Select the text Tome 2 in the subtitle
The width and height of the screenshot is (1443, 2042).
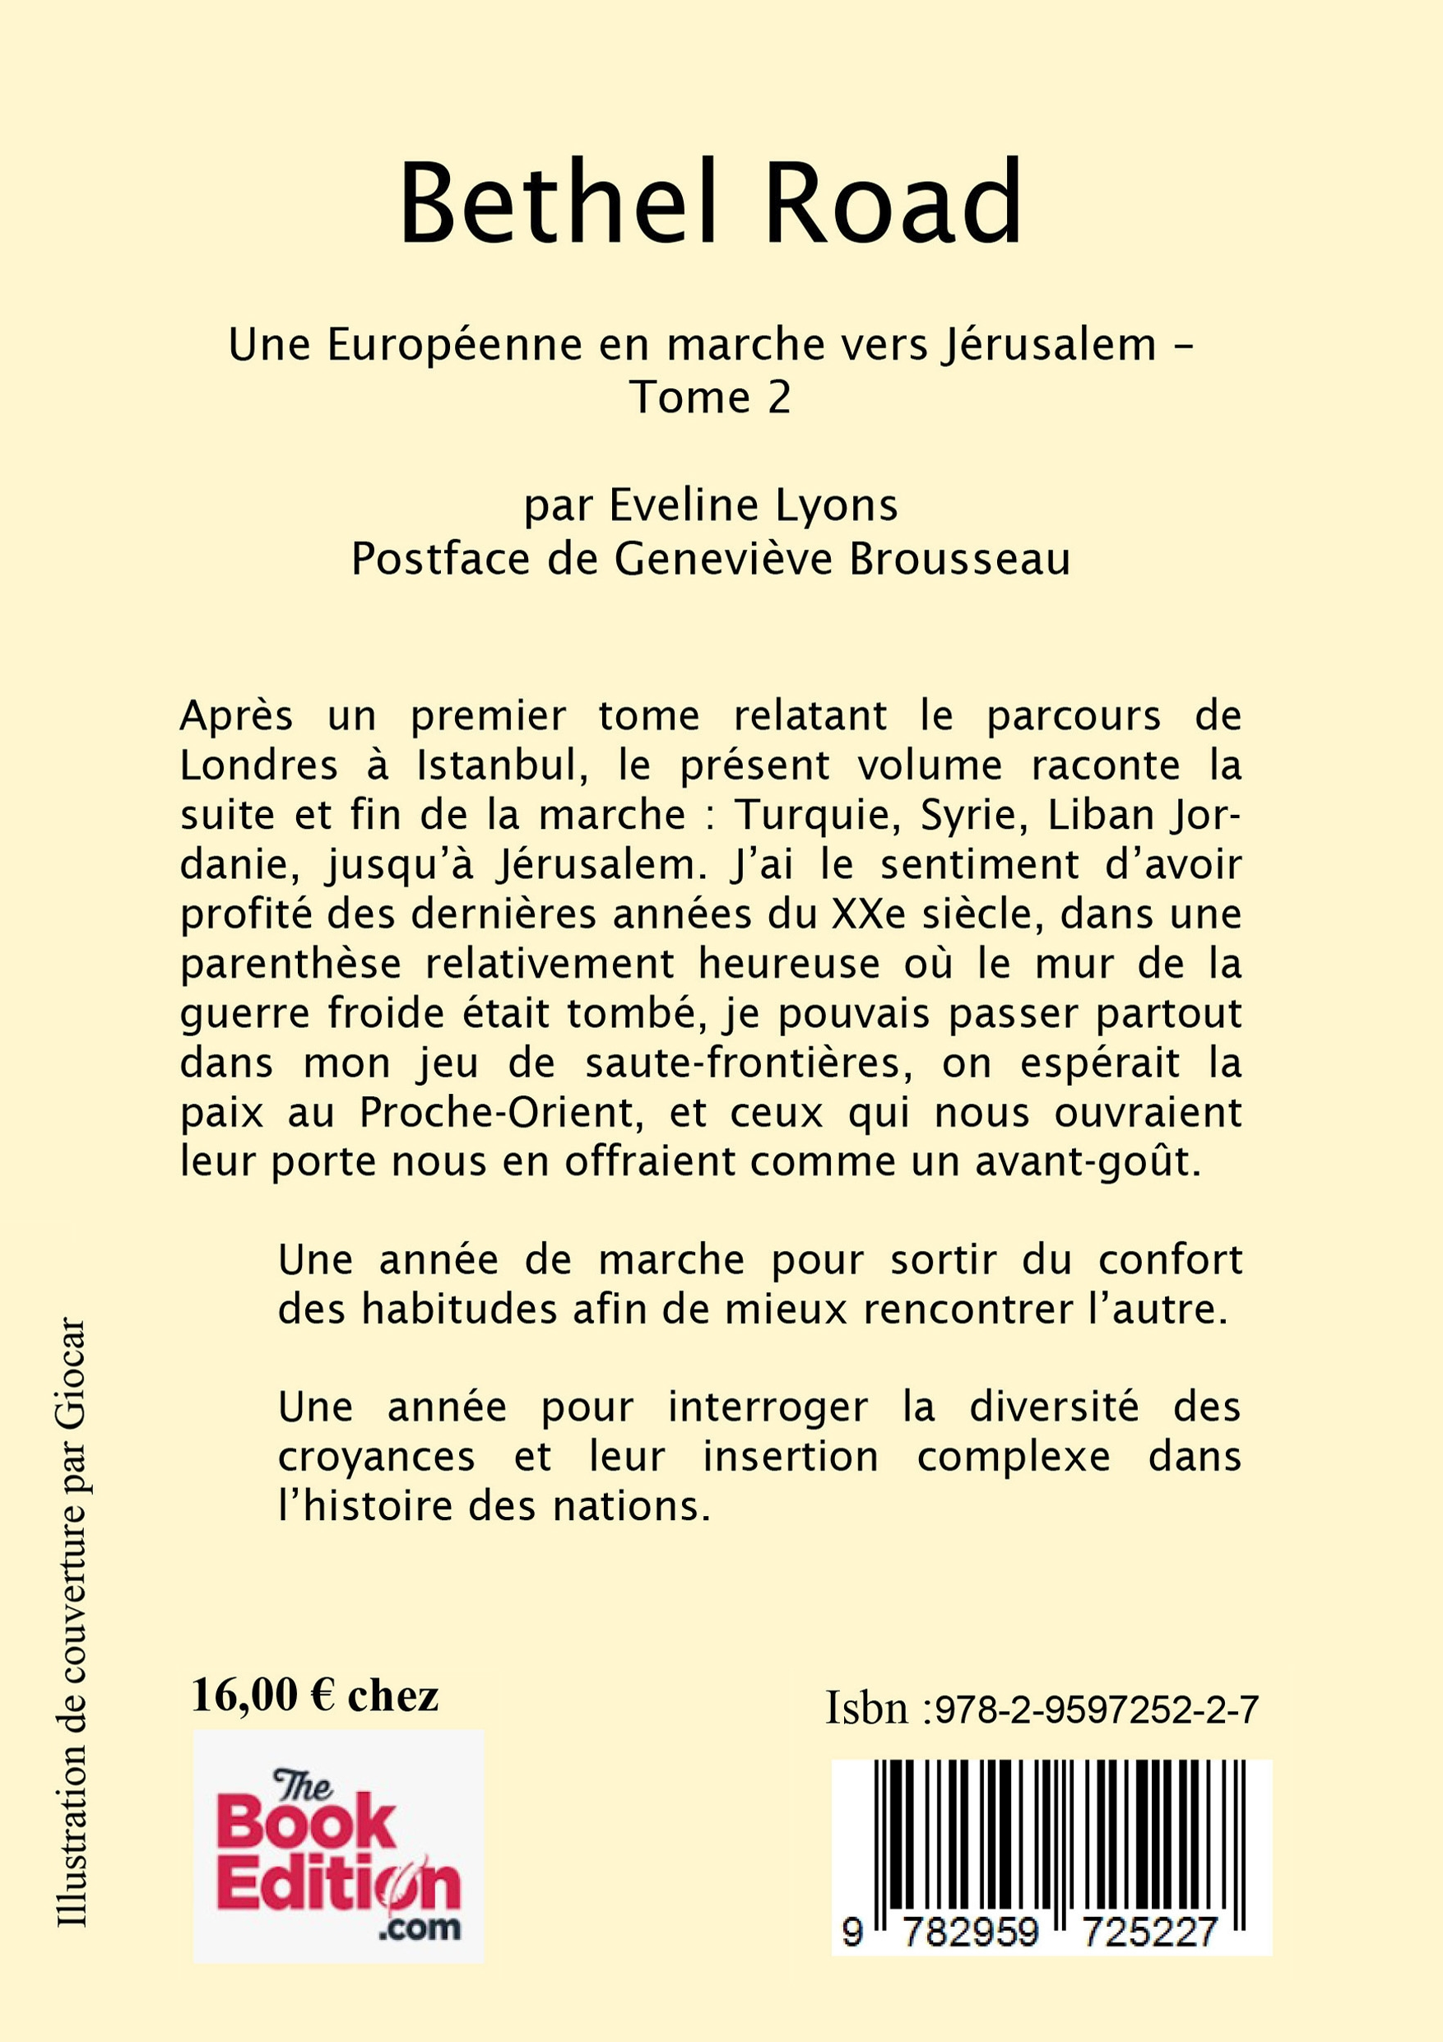click(x=710, y=398)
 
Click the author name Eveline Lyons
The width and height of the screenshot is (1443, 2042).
click(x=753, y=506)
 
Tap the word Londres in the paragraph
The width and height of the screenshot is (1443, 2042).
click(x=258, y=765)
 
